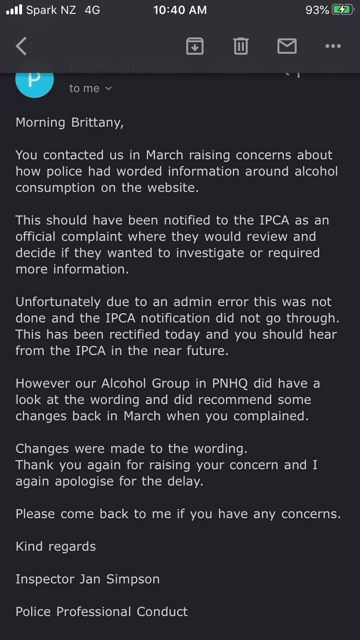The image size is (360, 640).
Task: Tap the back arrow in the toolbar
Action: coord(22,46)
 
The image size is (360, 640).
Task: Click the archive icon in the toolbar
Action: coord(194,46)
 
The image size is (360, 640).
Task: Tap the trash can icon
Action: coord(240,46)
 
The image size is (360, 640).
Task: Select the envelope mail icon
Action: coord(287,46)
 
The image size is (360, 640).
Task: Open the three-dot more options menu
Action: coord(333,46)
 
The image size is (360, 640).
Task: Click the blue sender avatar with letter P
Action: coord(34,80)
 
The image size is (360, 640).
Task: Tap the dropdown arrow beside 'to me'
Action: coord(108,88)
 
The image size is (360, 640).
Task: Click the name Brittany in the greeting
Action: coord(97,123)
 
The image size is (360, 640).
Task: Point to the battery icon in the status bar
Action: coord(343,10)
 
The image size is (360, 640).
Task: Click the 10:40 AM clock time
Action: coord(180,10)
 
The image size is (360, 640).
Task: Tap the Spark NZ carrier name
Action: coord(51,10)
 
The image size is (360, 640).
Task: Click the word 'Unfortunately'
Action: coord(58,302)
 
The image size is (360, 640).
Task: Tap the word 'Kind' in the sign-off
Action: coord(28,546)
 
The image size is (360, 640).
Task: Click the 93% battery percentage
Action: coord(317,10)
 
